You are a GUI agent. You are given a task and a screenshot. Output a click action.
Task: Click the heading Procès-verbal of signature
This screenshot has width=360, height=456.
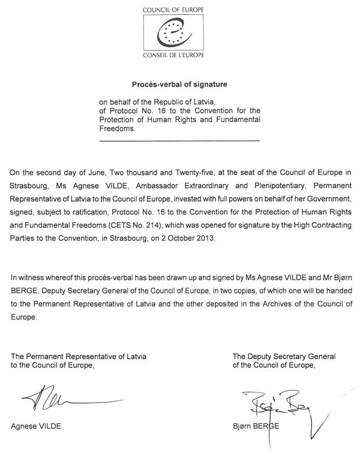(179, 84)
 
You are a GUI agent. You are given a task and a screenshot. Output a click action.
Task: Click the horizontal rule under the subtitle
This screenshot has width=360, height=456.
(179, 140)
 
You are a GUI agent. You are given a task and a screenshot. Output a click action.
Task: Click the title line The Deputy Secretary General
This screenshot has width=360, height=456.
(283, 356)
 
